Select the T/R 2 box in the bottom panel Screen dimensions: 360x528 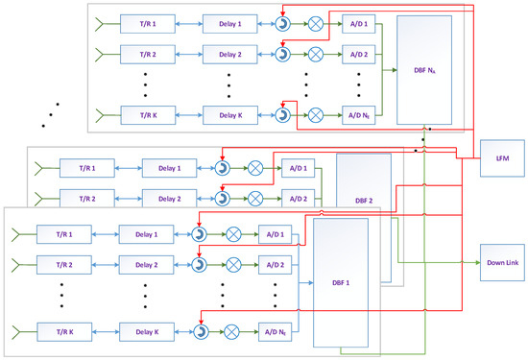(59, 264)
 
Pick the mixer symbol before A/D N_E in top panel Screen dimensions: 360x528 (312, 115)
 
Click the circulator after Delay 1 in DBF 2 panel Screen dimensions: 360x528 (222, 169)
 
